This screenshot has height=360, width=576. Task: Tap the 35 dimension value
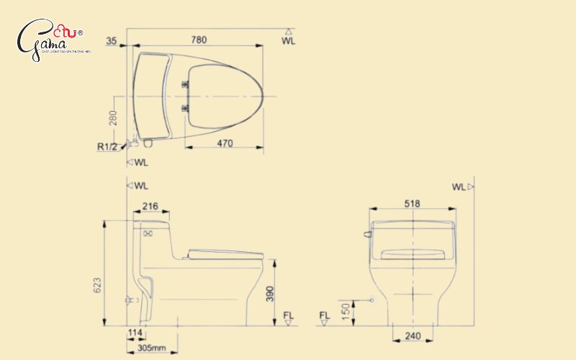110,41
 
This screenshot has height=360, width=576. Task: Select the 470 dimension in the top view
225,143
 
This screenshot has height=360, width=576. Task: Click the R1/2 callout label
108,146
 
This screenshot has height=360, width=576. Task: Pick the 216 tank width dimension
150,206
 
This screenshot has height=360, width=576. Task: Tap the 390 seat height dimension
269,292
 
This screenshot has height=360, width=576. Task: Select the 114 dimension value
135,333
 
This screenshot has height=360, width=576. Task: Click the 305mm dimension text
151,348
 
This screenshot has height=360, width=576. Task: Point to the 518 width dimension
413,204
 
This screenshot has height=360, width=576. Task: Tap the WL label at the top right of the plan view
288,41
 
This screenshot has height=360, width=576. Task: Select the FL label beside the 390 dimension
289,315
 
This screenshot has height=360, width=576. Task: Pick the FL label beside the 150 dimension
324,315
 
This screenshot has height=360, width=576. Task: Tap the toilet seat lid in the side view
225,253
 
